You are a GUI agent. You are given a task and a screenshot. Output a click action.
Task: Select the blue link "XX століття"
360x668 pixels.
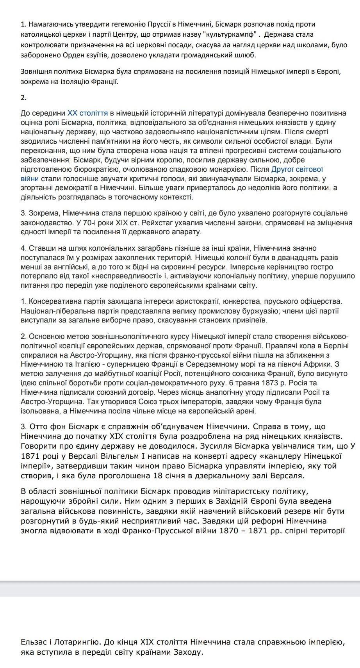tap(87, 113)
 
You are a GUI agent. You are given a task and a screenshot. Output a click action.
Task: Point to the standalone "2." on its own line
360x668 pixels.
tap(23, 97)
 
